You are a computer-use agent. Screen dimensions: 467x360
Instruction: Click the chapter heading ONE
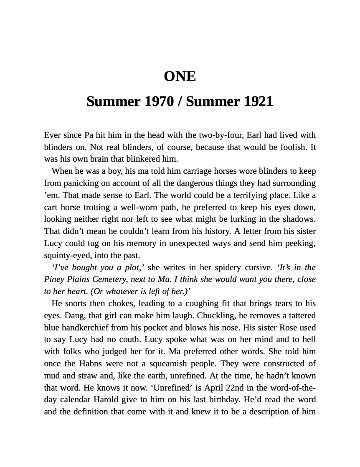(180, 76)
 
